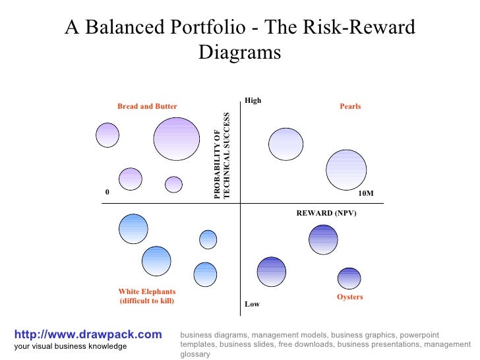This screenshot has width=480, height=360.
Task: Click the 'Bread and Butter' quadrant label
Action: tap(147, 106)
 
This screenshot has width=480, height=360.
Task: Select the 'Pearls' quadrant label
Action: tap(350, 106)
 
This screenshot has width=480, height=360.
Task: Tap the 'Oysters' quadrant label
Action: tap(350, 297)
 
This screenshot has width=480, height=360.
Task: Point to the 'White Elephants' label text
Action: tap(146, 291)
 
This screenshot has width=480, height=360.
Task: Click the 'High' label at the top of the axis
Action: tap(253, 101)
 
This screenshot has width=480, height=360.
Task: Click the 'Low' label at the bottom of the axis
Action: tap(252, 305)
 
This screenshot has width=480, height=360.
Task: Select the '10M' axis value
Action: tap(365, 193)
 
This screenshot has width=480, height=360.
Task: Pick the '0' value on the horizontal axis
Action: tap(107, 192)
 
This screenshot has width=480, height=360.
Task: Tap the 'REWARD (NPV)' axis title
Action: tap(326, 214)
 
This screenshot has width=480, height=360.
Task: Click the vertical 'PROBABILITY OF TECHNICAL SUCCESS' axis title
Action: tap(222, 156)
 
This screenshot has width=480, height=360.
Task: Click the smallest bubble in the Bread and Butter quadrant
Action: tap(173, 185)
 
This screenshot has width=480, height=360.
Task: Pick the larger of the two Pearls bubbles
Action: tap(346, 169)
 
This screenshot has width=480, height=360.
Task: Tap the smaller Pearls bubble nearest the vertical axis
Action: tap(286, 144)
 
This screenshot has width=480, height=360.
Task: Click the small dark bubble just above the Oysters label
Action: tap(349, 278)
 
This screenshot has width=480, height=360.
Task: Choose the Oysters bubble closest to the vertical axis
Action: tap(271, 271)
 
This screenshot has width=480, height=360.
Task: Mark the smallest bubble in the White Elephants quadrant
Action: tap(208, 239)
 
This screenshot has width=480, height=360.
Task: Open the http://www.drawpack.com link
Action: tap(87, 335)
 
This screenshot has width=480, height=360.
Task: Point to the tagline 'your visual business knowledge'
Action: tap(70, 347)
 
